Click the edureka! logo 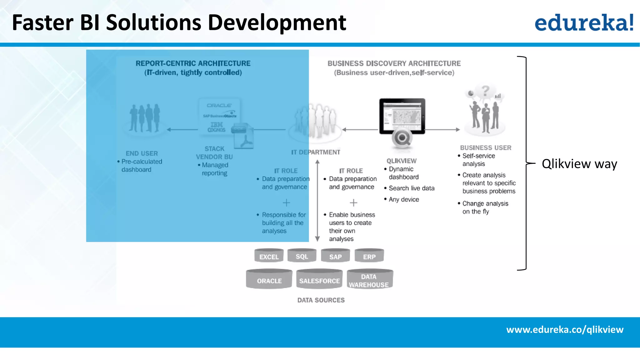584,22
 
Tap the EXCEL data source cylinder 269,256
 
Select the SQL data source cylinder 302,256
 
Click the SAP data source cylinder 335,256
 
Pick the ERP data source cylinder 369,256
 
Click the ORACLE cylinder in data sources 269,280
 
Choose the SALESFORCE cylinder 319,280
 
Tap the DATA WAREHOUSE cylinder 369,280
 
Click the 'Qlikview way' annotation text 579,164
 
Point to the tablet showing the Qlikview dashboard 402,116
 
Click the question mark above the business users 485,91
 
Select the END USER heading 142,153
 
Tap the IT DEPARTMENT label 316,152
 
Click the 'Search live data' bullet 411,188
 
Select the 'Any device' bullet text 404,199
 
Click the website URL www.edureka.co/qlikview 565,329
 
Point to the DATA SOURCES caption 321,300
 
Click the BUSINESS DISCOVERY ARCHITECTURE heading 394,63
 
